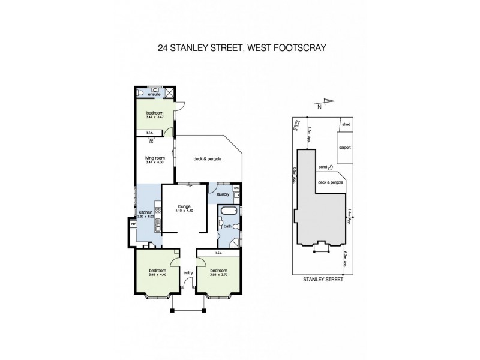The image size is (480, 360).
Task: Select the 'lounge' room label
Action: tap(184, 206)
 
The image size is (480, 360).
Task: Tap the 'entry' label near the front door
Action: tap(188, 273)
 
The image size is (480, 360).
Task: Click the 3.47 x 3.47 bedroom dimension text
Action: tap(154, 117)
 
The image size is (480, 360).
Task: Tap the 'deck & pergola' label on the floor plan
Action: tap(208, 159)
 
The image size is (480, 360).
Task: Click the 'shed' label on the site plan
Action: tap(345, 125)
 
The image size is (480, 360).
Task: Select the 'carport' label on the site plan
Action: tap(345, 147)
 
